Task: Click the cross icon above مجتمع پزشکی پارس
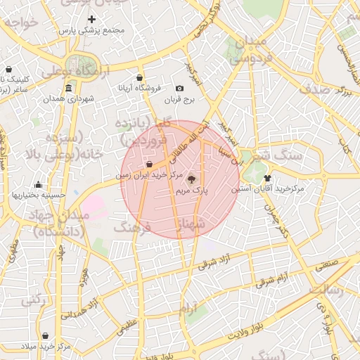pos(91,18)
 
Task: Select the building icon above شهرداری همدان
pos(68,89)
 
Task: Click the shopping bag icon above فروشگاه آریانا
pos(139,77)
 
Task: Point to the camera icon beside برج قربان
pos(180,89)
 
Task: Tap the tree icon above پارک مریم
pos(193,179)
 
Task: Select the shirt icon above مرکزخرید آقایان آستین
pos(267,179)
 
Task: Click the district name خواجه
pos(19,22)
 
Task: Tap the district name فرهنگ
pos(137,227)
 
